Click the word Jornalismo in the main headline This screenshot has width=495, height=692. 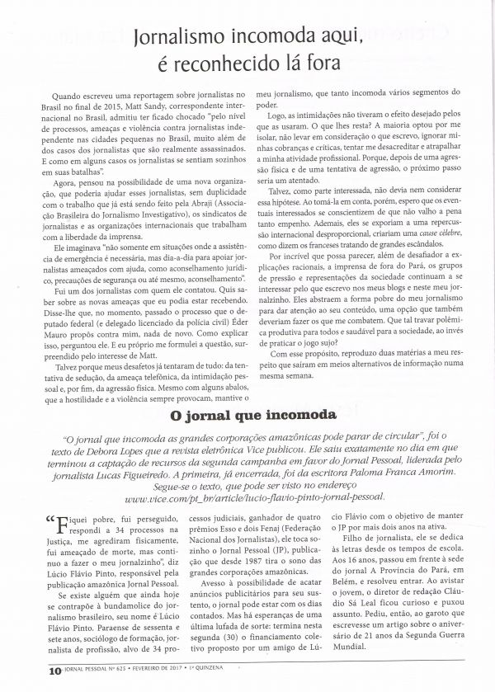click(187, 36)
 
